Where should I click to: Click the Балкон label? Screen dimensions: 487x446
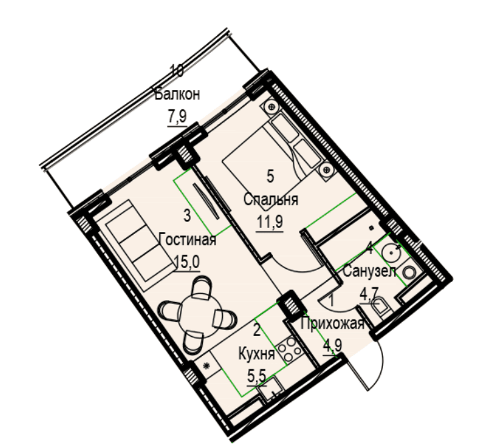point(177,95)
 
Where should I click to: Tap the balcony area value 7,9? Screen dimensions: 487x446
point(177,117)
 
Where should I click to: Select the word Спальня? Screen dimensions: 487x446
point(271,199)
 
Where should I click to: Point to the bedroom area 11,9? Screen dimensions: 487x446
point(270,222)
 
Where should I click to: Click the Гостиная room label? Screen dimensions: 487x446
point(187,240)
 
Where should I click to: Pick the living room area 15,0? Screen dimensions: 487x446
point(187,262)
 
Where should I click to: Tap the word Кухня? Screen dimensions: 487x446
point(257,354)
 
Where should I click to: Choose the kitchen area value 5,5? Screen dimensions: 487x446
point(257,377)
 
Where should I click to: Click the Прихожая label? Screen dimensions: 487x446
point(332,324)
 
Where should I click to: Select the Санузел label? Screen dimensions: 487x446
point(370,271)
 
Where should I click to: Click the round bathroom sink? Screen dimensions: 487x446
point(392,252)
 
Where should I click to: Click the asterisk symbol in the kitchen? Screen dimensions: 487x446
point(206,366)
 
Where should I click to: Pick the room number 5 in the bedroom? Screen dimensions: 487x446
point(270,176)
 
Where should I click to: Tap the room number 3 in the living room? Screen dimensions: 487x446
point(187,215)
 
